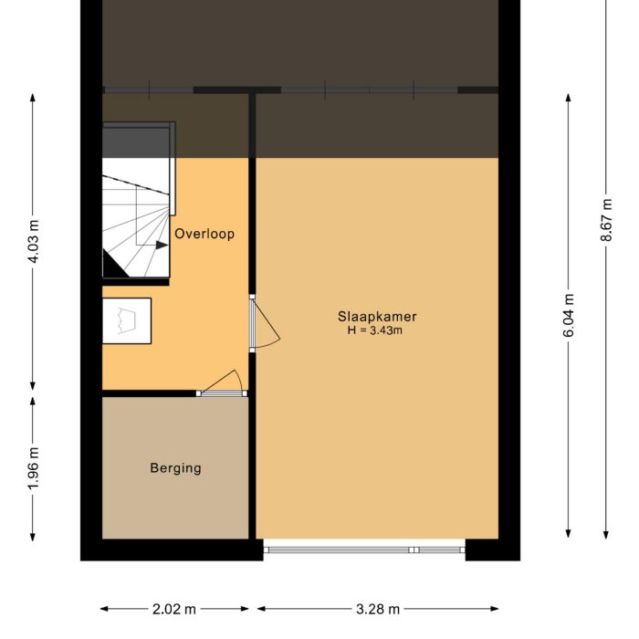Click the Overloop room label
click(x=204, y=234)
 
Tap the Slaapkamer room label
click(x=377, y=317)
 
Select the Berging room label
click(x=175, y=468)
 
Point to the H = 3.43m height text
click(x=375, y=330)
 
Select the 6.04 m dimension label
click(x=569, y=317)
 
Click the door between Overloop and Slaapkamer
click(x=264, y=323)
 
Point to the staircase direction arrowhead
click(x=162, y=246)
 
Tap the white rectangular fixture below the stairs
click(x=126, y=320)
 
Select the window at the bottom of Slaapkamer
click(x=364, y=550)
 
